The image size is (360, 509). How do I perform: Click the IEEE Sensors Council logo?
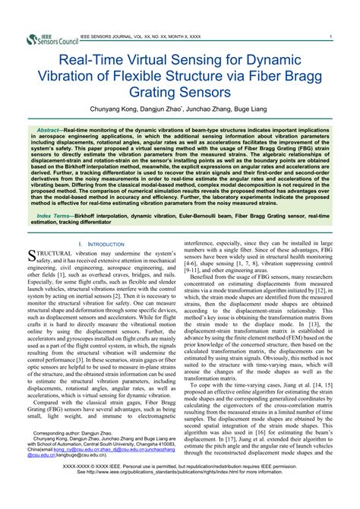tap(51, 38)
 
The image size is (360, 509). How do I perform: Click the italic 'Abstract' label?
tap(52, 131)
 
